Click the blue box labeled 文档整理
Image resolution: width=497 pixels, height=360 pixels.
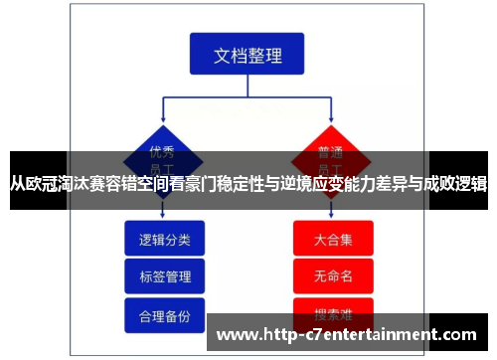point(248,55)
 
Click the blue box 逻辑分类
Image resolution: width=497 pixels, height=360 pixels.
point(164,239)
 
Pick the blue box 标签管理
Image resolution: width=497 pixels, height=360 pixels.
point(164,276)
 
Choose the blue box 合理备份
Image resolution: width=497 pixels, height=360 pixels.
point(164,314)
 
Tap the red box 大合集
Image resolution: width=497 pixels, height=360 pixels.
point(333,240)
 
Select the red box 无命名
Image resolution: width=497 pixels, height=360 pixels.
point(333,274)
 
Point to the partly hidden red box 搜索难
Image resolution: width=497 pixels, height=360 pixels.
point(333,307)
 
